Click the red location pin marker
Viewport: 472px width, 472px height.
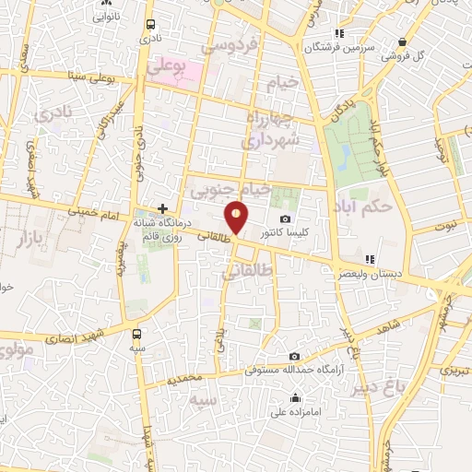[x=237, y=218]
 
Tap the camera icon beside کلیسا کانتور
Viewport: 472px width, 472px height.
[x=285, y=218]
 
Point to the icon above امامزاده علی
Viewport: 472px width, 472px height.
[x=294, y=398]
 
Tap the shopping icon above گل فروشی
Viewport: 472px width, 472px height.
[x=403, y=41]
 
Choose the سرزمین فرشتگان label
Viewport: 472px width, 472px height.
[x=339, y=46]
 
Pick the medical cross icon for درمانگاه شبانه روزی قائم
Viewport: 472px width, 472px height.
[x=163, y=209]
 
